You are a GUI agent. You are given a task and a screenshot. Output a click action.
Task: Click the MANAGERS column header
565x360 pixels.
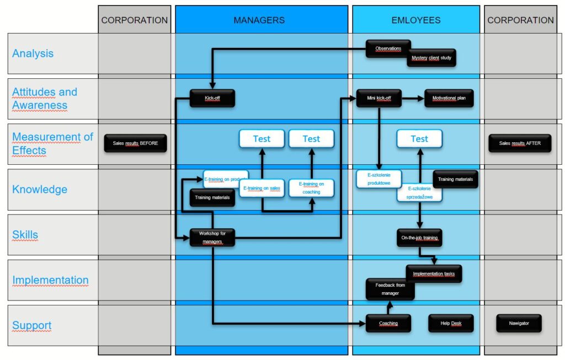pos(259,20)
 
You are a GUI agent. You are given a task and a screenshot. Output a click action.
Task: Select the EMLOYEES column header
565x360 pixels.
pos(416,20)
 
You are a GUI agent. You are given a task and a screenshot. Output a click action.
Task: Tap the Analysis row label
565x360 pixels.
pos(33,53)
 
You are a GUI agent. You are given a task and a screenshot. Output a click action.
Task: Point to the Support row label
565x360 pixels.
pos(32,325)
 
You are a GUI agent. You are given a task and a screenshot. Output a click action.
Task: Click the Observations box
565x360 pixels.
pos(388,49)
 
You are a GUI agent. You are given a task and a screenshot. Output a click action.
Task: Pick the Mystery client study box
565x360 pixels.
pos(432,58)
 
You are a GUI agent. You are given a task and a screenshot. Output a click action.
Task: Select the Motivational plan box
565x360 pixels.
pos(449,98)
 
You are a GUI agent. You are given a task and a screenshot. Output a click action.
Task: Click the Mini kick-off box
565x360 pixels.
pos(379,98)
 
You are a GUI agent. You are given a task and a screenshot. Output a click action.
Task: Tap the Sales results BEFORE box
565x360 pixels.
pos(135,143)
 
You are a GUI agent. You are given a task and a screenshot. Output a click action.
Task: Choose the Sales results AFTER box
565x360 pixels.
pos(520,143)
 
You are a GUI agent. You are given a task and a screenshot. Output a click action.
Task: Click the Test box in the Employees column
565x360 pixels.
pos(419,139)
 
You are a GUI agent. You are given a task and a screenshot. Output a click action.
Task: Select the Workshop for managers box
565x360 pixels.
pos(212,237)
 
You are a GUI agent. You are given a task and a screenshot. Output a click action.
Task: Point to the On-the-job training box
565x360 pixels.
pos(420,238)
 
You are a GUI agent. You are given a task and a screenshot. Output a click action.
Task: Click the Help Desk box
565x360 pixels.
pos(451,324)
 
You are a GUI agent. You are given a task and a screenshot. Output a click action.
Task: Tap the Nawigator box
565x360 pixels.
pos(519,323)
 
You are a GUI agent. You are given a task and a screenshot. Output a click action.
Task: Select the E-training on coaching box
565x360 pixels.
pos(311,187)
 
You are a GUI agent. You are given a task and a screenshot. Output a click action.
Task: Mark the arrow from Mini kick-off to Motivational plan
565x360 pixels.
pos(413,98)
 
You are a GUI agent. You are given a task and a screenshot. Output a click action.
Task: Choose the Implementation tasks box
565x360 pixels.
pos(434,273)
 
